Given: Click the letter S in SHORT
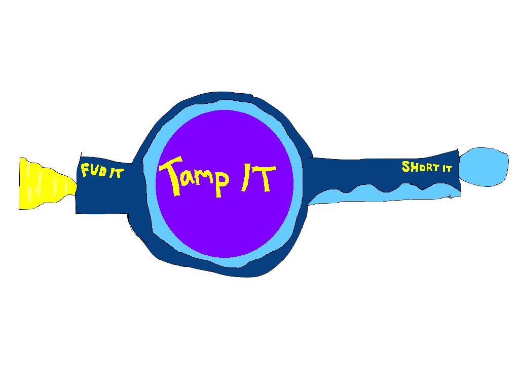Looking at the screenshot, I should coord(405,166).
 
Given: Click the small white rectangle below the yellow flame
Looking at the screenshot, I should coord(26,212).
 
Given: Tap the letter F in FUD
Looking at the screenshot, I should coord(85,171).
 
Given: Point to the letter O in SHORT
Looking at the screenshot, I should coord(420,167).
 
